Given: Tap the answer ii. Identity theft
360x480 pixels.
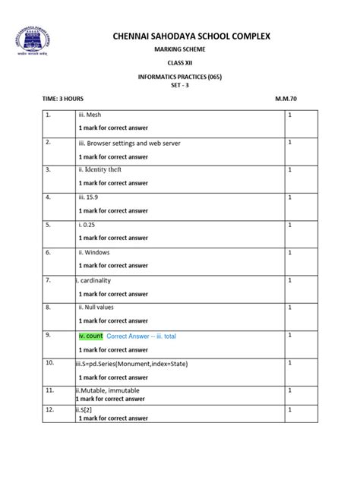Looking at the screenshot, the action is pyautogui.click(x=99, y=169).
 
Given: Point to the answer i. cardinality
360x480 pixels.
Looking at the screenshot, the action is pyautogui.click(x=94, y=280).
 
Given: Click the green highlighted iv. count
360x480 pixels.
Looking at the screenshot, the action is pyautogui.click(x=90, y=335).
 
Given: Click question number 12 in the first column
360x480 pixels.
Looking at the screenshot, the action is pyautogui.click(x=49, y=410).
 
